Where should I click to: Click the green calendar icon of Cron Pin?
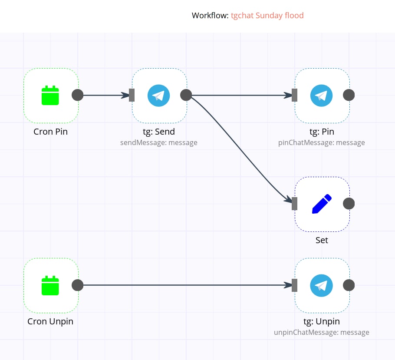pos(50,96)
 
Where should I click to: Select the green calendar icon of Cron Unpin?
pos(50,285)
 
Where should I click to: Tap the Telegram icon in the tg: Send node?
pos(158,96)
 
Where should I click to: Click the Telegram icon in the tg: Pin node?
pos(321,96)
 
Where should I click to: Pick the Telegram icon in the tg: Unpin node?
pos(321,285)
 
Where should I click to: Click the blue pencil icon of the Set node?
pos(322,204)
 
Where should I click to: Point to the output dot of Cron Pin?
pos(77,95)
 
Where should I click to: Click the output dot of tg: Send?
pos(186,95)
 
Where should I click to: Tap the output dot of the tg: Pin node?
pos(349,95)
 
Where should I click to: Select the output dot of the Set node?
pos(349,203)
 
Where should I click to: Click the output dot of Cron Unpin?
pos(77,285)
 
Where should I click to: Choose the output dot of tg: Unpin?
pos(349,285)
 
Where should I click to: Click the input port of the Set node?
pos(295,203)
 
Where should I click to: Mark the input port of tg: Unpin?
pos(295,285)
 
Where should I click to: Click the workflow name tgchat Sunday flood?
pos(267,16)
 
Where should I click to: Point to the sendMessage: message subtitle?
pos(159,142)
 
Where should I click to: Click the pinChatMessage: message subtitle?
pos(322,142)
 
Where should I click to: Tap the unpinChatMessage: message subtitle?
pos(322,332)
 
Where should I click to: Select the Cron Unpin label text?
pos(50,322)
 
